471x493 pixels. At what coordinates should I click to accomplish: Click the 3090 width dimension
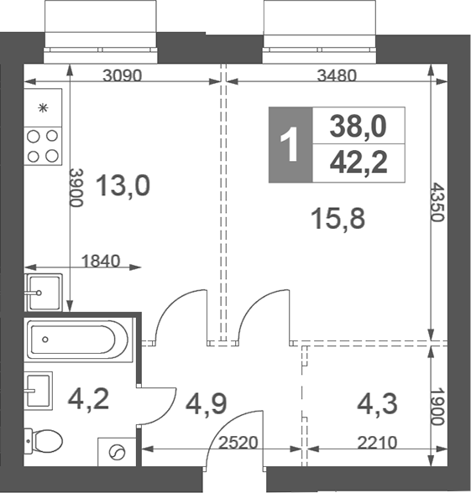[x=123, y=75]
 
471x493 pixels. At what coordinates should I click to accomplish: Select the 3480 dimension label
[x=337, y=75]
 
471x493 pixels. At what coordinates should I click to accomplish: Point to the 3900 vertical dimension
[x=76, y=188]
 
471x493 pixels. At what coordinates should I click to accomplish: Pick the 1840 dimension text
[x=101, y=261]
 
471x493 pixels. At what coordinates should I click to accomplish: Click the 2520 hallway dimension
[x=238, y=443]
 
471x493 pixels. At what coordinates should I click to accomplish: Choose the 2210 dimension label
[x=377, y=443]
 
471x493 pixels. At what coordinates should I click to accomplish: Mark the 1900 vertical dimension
[x=437, y=407]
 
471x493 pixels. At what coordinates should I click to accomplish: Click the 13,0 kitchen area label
[x=123, y=186]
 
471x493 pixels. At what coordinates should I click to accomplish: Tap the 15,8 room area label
[x=338, y=219]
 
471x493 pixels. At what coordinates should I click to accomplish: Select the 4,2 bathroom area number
[x=88, y=399]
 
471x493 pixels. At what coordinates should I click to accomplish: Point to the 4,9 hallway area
[x=207, y=404]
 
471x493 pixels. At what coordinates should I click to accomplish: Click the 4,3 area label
[x=377, y=404]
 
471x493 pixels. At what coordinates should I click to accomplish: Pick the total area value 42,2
[x=358, y=163]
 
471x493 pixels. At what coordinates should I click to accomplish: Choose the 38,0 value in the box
[x=358, y=126]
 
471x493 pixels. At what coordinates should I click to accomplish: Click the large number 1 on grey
[x=290, y=144]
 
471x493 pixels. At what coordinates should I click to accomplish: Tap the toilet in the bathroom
[x=44, y=440]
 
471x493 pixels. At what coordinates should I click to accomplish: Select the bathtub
[x=78, y=340]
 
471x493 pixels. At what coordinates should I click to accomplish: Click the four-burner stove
[x=43, y=146]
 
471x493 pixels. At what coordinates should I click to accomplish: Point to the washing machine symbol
[x=118, y=452]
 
